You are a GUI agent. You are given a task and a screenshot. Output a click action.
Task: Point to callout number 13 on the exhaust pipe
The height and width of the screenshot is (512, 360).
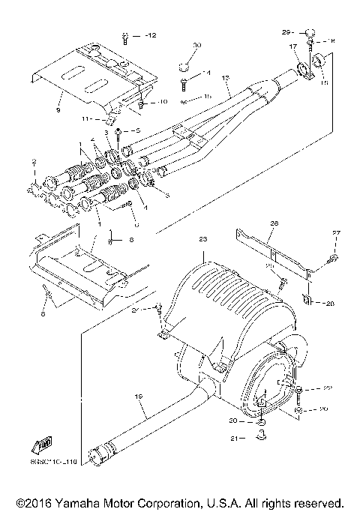225,78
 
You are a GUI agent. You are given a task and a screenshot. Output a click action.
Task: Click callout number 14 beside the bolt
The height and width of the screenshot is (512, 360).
207,72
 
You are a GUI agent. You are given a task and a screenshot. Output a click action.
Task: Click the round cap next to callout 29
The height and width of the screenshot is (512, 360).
308,31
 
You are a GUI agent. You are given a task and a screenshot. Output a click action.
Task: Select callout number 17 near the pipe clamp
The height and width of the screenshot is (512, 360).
294,46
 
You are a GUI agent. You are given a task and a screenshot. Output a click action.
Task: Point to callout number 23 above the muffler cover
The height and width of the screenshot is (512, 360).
202,238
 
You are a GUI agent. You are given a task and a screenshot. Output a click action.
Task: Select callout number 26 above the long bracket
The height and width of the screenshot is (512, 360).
274,223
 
